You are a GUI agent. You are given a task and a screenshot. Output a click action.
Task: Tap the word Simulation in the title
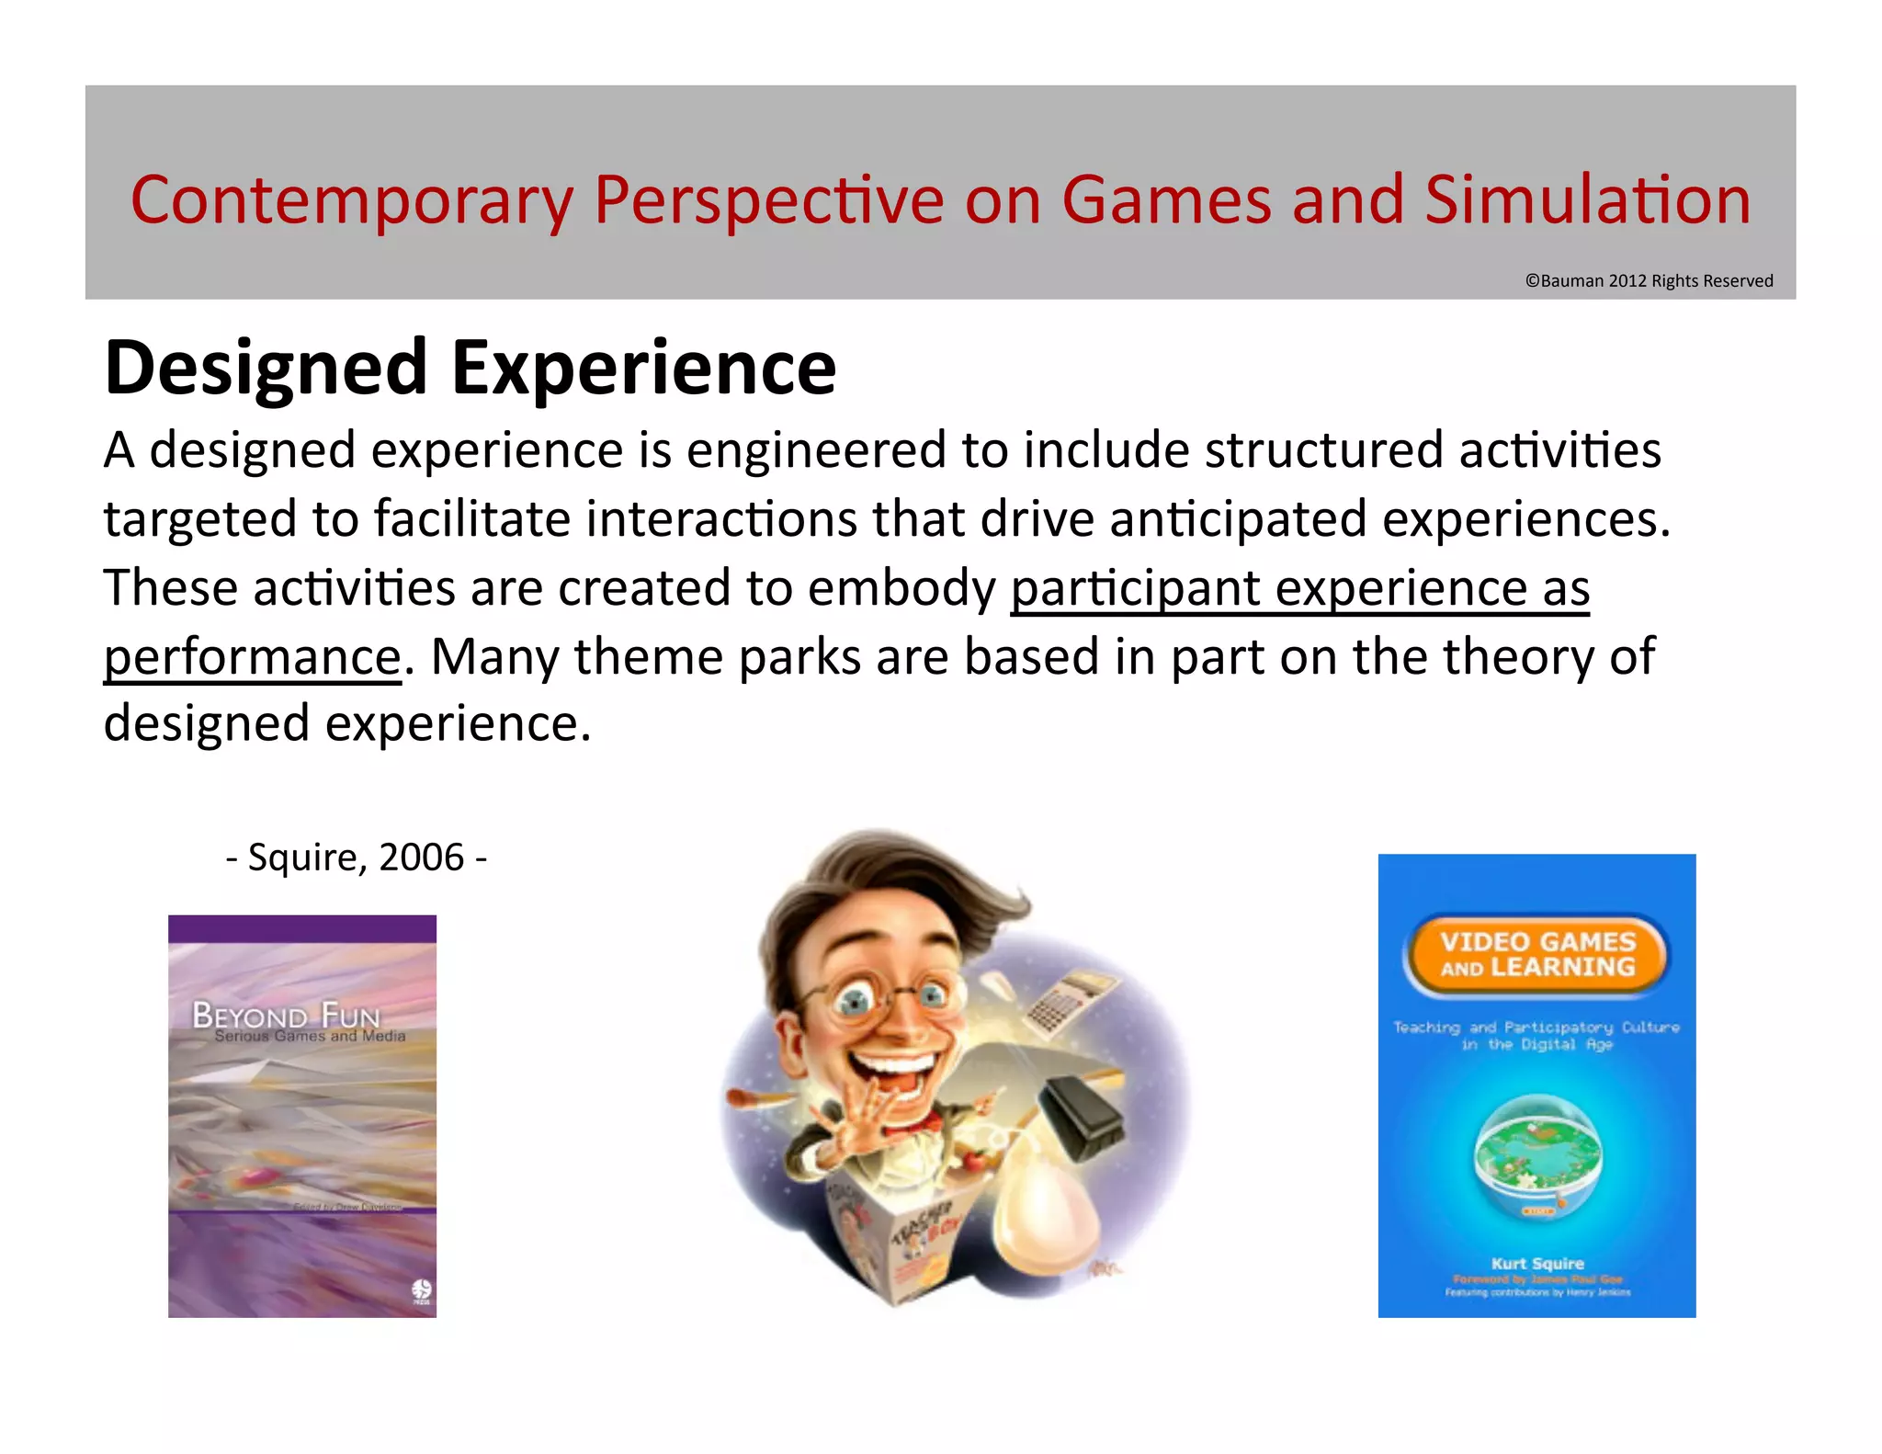(x=1587, y=200)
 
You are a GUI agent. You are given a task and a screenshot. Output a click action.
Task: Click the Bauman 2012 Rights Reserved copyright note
(x=1649, y=280)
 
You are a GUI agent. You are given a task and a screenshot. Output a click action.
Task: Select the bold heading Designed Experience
(x=470, y=368)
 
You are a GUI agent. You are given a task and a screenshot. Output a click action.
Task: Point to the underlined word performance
(x=252, y=657)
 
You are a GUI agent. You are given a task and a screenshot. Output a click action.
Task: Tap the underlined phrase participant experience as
(x=1299, y=588)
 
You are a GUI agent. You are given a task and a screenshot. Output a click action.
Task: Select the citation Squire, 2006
(x=357, y=858)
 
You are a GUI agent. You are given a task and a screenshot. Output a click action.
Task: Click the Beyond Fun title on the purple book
(x=286, y=1016)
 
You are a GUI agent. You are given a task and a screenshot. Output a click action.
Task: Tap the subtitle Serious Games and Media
(x=310, y=1036)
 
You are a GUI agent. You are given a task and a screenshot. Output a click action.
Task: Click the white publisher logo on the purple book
(x=421, y=1291)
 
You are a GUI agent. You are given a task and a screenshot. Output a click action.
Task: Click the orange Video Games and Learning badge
(x=1536, y=955)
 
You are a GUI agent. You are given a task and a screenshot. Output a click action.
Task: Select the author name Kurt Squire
(x=1537, y=1263)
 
